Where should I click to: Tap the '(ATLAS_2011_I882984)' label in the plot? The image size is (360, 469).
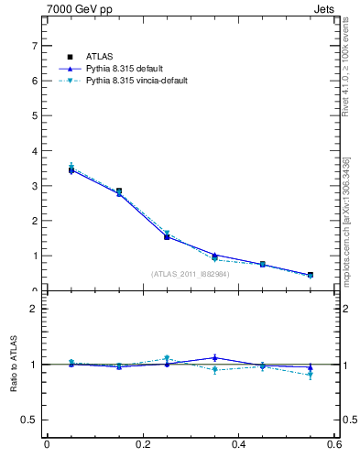click(x=190, y=273)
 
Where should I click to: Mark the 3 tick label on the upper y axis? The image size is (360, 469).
click(x=34, y=186)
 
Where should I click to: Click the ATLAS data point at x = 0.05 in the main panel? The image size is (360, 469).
click(x=71, y=169)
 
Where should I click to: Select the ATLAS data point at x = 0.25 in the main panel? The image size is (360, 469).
click(x=167, y=236)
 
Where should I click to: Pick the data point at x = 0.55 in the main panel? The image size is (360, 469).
click(x=311, y=275)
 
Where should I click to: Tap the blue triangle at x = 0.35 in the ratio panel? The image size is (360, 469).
click(x=214, y=357)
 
